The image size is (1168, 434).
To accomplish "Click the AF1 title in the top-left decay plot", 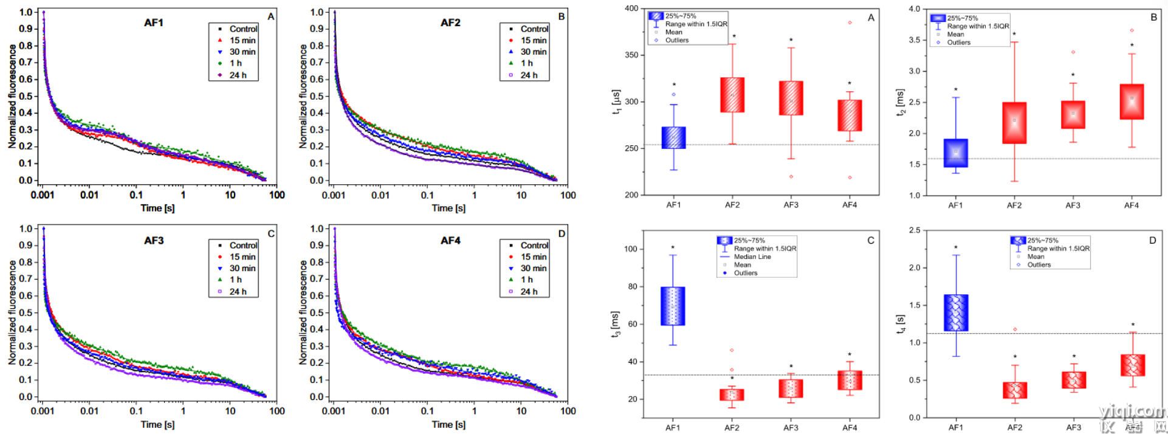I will click(x=154, y=23).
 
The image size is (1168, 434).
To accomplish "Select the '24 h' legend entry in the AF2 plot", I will click(x=529, y=75).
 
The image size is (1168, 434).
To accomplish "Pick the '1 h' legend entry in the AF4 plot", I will click(x=526, y=280).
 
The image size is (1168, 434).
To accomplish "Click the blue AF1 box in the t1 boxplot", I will click(x=673, y=137).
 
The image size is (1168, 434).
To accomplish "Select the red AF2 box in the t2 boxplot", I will click(x=1014, y=123).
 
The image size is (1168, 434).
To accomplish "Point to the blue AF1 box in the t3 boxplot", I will click(x=673, y=306).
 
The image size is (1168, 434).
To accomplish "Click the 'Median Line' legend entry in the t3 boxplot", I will click(x=752, y=257).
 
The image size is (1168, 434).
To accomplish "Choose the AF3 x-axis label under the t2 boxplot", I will click(x=1073, y=205).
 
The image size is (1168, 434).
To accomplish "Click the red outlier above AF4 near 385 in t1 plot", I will click(x=850, y=22).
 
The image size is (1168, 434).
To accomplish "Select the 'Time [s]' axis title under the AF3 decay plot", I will click(x=157, y=424).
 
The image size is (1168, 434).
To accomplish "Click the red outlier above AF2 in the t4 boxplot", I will click(x=1014, y=329).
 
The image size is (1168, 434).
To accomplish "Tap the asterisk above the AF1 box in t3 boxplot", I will click(x=673, y=247).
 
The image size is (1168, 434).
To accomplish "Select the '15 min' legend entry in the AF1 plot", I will click(x=242, y=40).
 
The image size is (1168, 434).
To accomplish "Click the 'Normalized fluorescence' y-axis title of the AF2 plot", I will click(x=303, y=96).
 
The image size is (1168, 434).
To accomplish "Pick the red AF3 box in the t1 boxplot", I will click(x=791, y=98).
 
